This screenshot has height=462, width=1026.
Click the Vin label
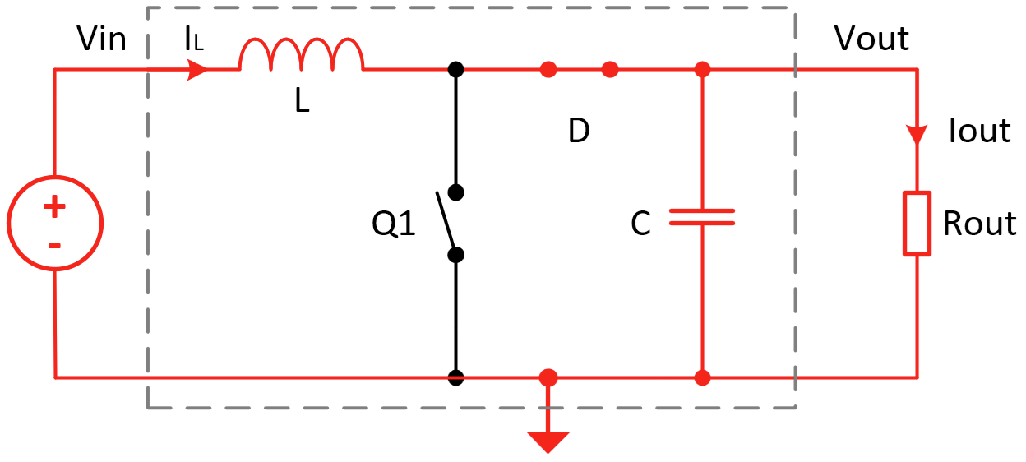click(x=101, y=38)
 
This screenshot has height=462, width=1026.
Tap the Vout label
click(x=871, y=38)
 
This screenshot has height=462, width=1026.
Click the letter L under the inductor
click(x=303, y=104)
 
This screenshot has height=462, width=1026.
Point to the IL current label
click(x=194, y=39)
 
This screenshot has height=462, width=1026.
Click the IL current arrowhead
click(x=198, y=70)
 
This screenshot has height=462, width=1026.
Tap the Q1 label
click(x=394, y=224)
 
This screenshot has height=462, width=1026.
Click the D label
click(x=579, y=131)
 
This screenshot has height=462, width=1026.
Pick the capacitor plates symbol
click(x=702, y=216)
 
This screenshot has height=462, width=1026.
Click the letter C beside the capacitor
click(x=640, y=224)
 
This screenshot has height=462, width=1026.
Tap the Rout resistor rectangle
click(x=917, y=224)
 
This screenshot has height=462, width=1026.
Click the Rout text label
click(x=978, y=224)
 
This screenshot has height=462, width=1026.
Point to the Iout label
click(x=979, y=131)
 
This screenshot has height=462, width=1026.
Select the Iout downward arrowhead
click(x=917, y=133)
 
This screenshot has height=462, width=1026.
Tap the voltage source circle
click(x=55, y=224)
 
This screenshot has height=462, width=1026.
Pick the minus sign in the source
click(x=54, y=245)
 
